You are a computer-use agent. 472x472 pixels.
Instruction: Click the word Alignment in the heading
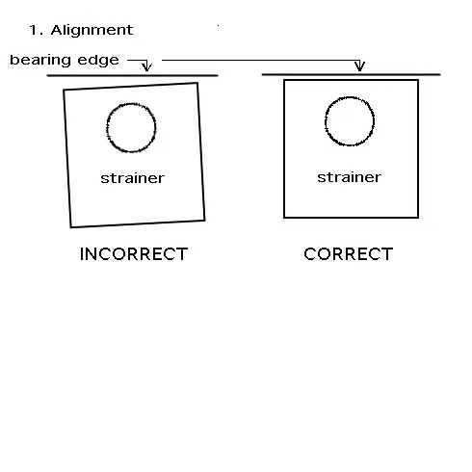point(92,31)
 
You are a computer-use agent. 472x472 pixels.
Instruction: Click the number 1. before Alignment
point(36,30)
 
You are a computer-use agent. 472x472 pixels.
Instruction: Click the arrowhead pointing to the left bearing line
point(147,66)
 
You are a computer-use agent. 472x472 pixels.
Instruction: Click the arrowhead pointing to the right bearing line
point(359,66)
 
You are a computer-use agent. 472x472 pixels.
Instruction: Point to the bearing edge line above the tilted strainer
point(133,75)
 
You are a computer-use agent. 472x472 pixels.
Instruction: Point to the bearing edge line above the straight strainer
point(351,74)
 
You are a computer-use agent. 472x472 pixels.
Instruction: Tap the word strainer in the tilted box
point(133,178)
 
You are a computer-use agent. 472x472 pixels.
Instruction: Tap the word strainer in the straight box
point(350,177)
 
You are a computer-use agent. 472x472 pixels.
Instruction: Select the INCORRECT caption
point(134,254)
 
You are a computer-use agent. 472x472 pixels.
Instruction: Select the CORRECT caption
point(349,254)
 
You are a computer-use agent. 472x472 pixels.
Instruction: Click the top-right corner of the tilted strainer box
point(197,83)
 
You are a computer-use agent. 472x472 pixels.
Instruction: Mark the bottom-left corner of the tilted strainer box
point(71,227)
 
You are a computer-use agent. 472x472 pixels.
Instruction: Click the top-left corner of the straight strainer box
point(284,80)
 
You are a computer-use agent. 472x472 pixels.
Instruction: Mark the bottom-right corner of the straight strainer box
point(418,218)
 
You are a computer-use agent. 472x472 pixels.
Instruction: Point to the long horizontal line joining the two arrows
point(261,60)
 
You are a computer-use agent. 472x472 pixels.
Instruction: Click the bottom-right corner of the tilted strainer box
point(204,221)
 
